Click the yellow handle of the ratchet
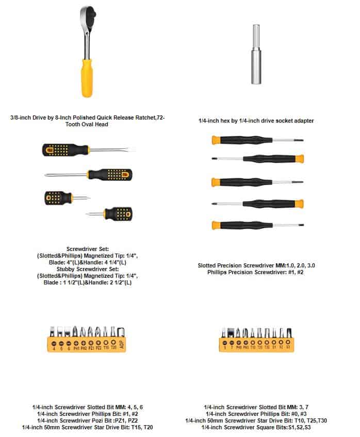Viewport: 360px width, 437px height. pos(87,77)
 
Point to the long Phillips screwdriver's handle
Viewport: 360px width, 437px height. pos(110,174)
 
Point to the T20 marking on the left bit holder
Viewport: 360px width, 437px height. pos(113,348)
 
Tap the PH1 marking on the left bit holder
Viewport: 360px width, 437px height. pos(76,348)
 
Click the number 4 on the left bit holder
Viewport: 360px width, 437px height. pos(54,349)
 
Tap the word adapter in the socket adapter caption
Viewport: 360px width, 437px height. pos(302,121)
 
